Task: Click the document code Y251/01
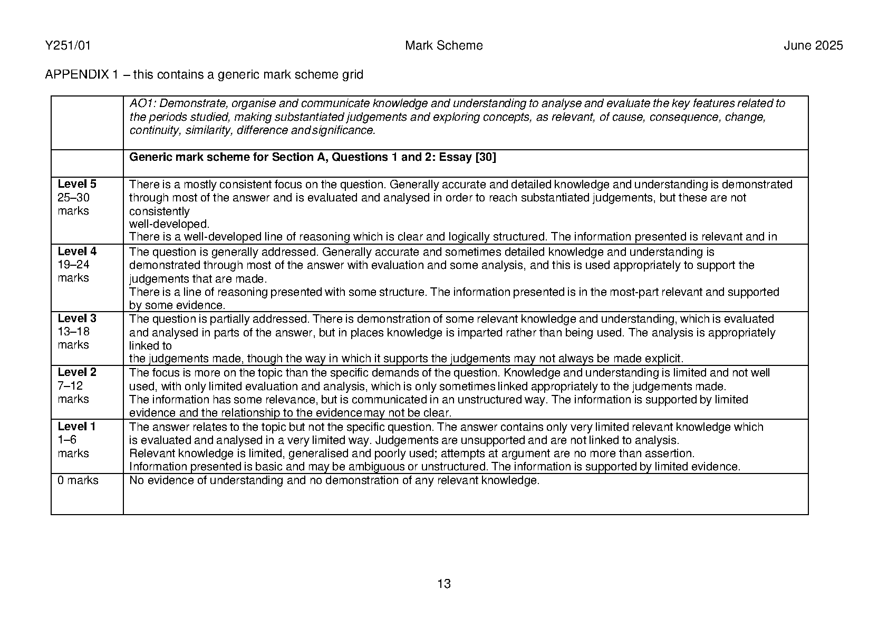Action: coord(68,46)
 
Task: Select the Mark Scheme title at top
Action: coord(443,46)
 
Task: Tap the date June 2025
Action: coord(813,46)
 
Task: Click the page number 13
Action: coord(444,584)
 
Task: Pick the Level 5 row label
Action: coord(77,184)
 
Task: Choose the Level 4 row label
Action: coord(77,252)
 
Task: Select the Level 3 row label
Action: coord(77,318)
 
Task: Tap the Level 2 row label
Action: coord(77,372)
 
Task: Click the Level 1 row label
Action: coord(77,427)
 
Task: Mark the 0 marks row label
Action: coord(78,480)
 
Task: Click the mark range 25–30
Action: coord(73,198)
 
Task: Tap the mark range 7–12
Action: coord(70,386)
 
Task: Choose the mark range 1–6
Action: coord(67,440)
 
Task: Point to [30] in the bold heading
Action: coord(486,157)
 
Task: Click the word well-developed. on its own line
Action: coord(169,224)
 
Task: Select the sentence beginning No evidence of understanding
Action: coord(334,480)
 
